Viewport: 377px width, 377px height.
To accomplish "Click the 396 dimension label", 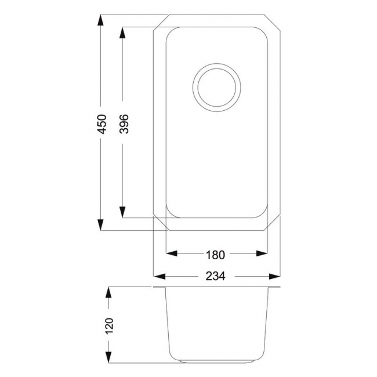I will pyautogui.click(x=123, y=124).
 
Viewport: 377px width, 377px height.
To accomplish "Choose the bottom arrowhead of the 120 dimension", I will pyautogui.click(x=108, y=357).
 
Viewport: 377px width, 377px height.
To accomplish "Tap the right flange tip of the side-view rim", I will pyautogui.click(x=280, y=287).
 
